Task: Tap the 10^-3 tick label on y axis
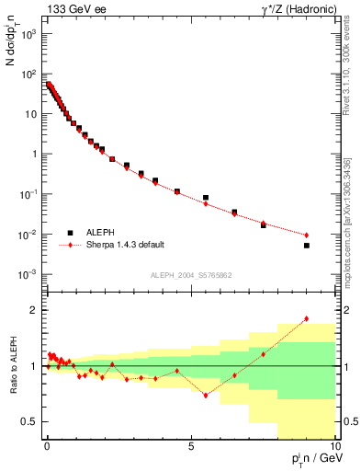27,275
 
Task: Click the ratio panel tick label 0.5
28,421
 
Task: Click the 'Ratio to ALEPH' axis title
12,366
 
